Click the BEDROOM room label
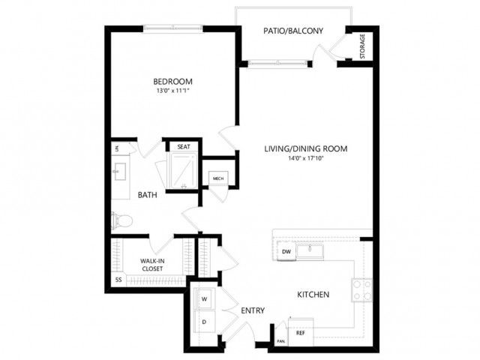coord(172,82)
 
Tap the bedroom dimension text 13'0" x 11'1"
coord(172,91)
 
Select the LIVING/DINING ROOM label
coord(305,149)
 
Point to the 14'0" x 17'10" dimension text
coord(306,158)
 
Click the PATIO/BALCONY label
coord(293,31)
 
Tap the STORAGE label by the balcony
coord(362,46)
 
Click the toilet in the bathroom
coord(121,220)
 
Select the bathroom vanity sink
coord(119,172)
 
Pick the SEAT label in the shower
coord(184,147)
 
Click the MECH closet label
coord(218,178)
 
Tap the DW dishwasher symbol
coord(286,252)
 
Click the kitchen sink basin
coord(309,251)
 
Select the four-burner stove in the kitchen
coord(362,290)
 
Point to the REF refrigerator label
coord(301,333)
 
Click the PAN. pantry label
coord(281,341)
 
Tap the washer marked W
coord(205,298)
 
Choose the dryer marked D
coord(205,322)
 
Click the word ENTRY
coord(253,310)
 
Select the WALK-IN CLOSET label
coord(152,265)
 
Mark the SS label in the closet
coord(118,280)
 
